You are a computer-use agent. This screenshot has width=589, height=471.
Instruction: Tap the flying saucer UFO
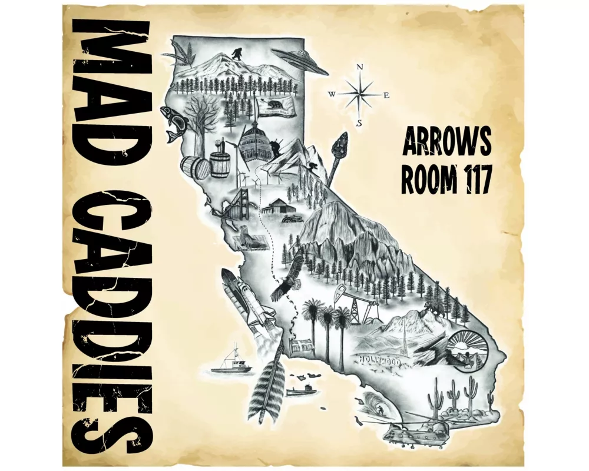point(299,60)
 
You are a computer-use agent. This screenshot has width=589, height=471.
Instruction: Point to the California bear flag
point(275,107)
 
